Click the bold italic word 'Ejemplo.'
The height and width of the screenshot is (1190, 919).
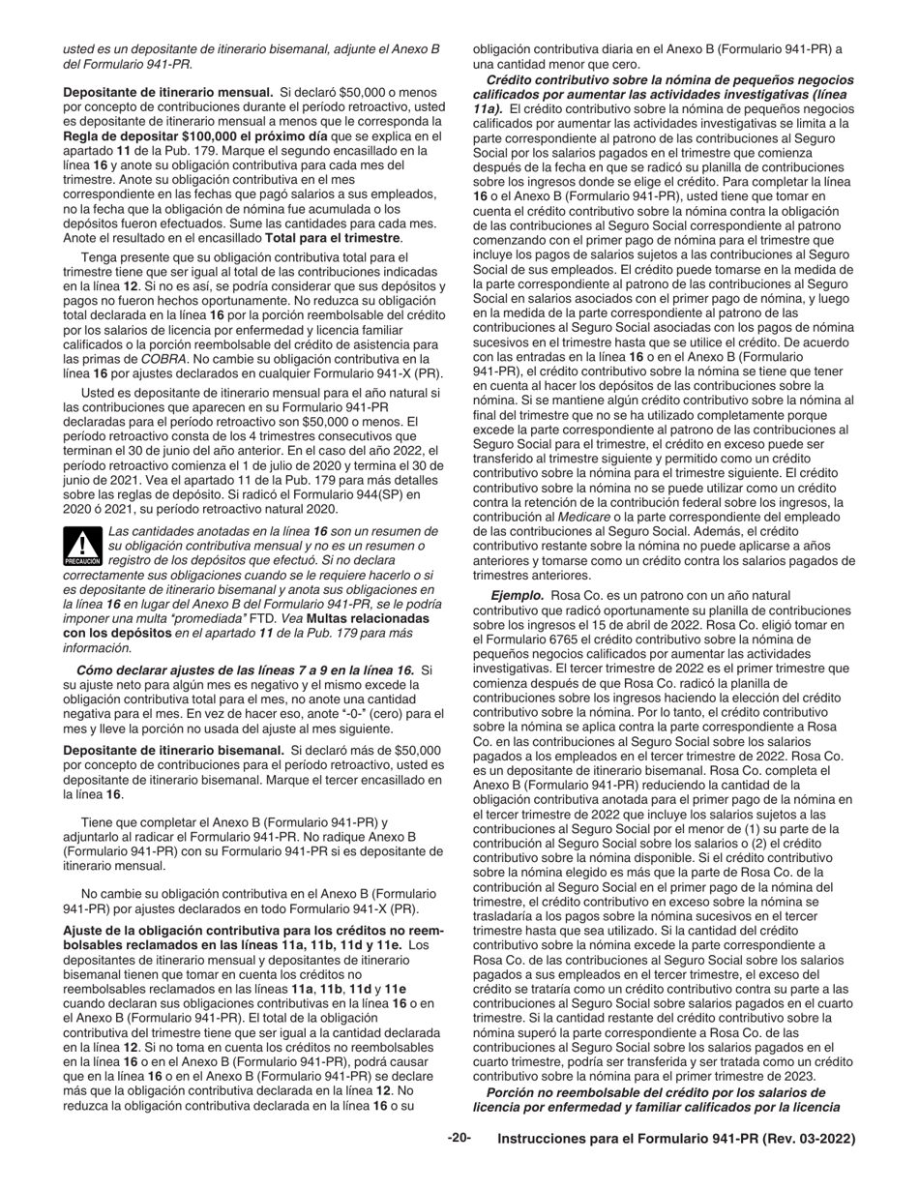(x=518, y=598)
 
